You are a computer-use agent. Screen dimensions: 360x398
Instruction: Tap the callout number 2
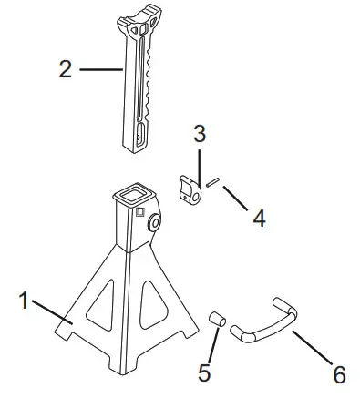coord(65,69)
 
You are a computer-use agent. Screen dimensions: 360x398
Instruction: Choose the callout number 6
coord(338,373)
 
